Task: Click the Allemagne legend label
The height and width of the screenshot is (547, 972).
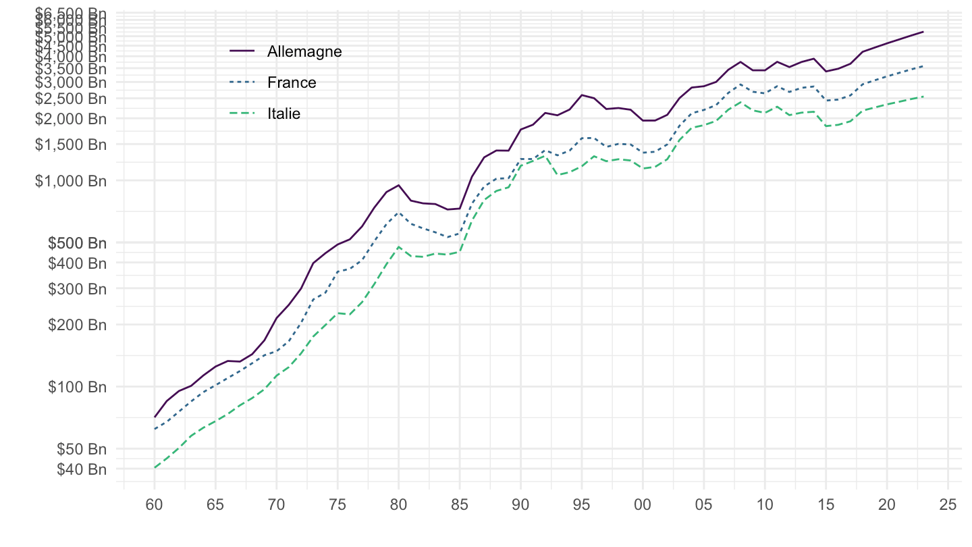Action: [304, 51]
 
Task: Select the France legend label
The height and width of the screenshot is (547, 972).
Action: [292, 82]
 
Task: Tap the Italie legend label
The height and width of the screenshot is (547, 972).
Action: [283, 114]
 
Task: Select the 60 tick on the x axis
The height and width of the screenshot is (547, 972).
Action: [154, 504]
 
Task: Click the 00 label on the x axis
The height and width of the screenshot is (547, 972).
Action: [643, 504]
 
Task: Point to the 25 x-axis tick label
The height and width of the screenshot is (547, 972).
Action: [948, 504]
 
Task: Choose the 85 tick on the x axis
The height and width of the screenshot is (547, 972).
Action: [459, 504]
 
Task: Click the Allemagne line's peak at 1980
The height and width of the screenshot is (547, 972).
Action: [398, 185]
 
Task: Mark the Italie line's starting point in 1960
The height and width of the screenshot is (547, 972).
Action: [155, 467]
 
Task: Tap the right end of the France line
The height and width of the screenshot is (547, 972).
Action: [923, 66]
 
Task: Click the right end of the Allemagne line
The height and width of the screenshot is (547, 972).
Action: [923, 32]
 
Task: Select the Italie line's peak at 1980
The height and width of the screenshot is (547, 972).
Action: [398, 247]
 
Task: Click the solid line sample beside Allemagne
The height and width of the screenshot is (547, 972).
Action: [242, 51]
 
